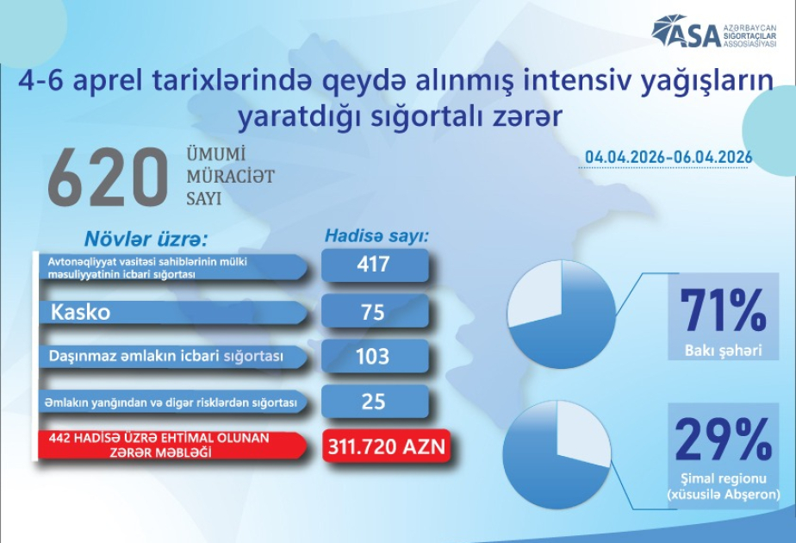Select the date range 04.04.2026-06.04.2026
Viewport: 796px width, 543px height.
pos(669,157)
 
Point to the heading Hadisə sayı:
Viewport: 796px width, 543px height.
pos(376,234)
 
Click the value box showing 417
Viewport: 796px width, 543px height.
pos(374,265)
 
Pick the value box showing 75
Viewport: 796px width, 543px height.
pos(374,312)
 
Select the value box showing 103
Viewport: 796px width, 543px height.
pos(374,356)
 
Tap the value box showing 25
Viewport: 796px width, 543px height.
pos(374,402)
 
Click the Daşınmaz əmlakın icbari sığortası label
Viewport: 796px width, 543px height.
pos(165,356)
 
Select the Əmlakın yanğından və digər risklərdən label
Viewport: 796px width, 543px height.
pos(168,402)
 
